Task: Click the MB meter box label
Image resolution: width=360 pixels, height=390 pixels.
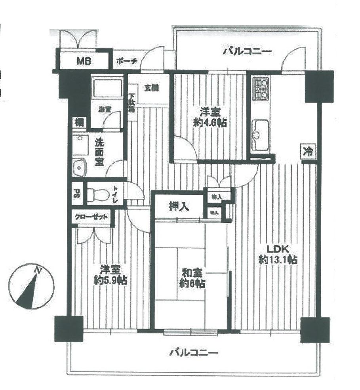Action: (x=84, y=61)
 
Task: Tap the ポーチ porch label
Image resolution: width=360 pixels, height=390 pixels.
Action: (x=127, y=61)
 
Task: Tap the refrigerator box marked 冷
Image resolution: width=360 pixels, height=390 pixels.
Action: (x=308, y=151)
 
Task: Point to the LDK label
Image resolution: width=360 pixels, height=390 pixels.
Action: (x=279, y=249)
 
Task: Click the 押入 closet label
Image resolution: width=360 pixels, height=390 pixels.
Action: (x=179, y=207)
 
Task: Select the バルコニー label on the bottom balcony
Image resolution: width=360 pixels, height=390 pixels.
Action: (x=194, y=352)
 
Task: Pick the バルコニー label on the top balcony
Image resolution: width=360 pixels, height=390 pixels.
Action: (x=246, y=51)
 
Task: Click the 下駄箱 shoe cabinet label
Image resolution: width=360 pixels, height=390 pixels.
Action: (x=131, y=103)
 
